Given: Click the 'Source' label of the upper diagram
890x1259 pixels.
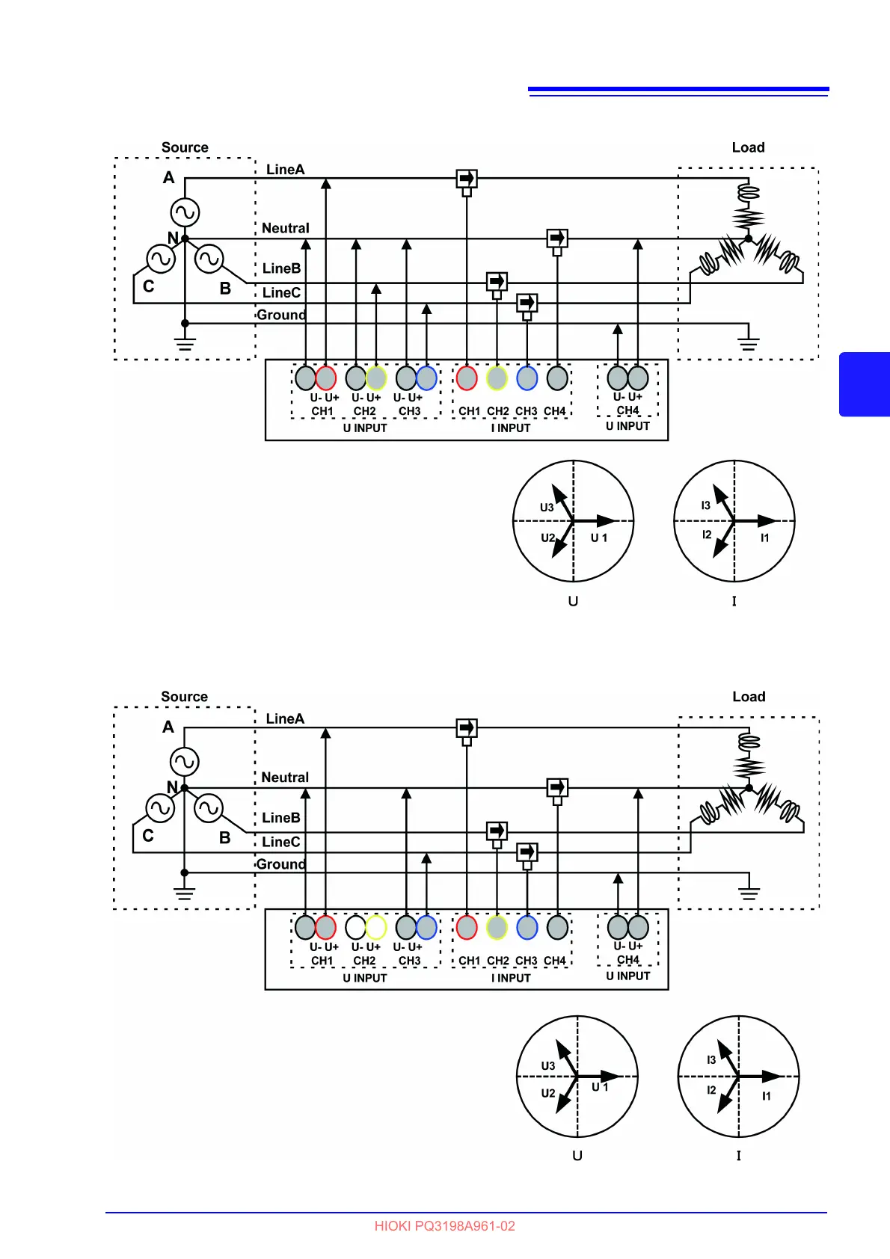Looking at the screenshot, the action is [185, 147].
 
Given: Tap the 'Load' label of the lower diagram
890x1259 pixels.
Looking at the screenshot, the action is [749, 697].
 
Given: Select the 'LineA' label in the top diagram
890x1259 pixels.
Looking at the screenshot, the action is [285, 170].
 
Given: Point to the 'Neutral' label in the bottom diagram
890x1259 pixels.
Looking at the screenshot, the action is [285, 778].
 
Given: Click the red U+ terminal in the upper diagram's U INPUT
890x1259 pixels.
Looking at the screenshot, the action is [326, 378].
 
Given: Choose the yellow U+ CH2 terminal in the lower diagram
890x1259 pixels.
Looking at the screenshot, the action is [375, 928].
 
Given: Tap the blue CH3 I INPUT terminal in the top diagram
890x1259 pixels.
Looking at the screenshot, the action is [527, 378].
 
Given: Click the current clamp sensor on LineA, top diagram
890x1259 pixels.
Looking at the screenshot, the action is [467, 179].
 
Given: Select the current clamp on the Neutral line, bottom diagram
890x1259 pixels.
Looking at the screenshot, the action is [557, 788].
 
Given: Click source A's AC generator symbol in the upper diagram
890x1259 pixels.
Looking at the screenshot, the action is [185, 212].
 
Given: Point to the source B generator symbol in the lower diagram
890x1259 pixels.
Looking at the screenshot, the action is [209, 808].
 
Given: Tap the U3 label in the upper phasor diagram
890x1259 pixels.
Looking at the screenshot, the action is [547, 508].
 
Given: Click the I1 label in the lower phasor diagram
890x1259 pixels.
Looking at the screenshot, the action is [767, 1096].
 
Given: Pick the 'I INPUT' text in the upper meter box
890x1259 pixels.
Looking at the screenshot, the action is [511, 428].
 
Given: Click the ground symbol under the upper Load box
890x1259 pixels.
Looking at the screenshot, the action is [748, 343].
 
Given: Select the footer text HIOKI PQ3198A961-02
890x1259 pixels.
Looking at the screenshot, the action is [444, 1226].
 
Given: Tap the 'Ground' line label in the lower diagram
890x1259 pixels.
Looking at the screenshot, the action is [280, 864].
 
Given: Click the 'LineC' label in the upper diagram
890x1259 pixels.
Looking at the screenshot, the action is [281, 293].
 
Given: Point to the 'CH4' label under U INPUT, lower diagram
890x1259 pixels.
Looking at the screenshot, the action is [628, 960].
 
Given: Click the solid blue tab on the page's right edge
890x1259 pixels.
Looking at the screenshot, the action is [865, 384].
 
